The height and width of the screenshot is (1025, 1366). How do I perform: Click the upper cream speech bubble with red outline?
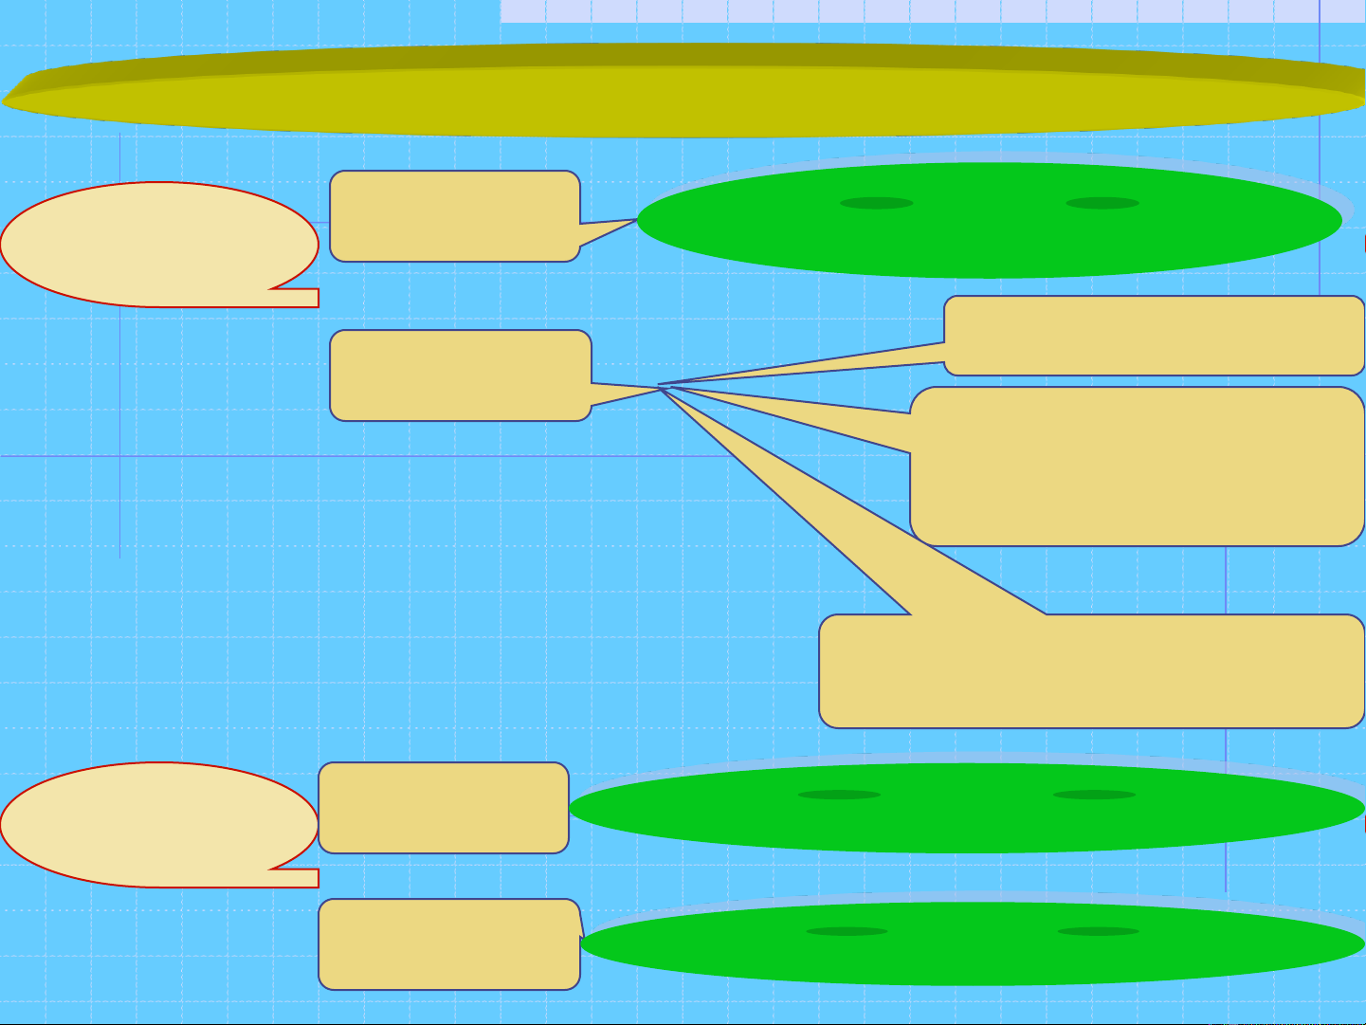152,242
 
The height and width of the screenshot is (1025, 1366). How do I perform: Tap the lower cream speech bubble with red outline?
152,823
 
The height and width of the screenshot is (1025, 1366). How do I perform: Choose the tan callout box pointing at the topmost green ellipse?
453,216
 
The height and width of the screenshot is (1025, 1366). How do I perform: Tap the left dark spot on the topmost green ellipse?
876,203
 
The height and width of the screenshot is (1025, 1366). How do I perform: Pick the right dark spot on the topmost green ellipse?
1102,203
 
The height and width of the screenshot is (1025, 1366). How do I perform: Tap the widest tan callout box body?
1090,671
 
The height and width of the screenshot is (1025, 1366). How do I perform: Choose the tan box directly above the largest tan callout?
1155,336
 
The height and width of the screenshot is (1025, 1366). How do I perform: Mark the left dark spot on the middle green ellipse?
839,795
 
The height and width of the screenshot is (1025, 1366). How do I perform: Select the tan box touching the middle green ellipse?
443,808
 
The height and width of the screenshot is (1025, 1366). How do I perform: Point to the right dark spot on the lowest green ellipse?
1098,931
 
